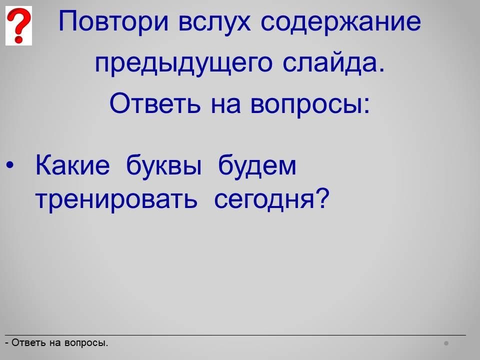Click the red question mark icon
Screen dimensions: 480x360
coord(18,25)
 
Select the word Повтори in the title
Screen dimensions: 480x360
coord(113,21)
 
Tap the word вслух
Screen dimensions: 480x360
coord(214,22)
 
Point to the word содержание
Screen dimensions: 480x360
coord(340,22)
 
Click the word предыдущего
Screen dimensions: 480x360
coord(183,63)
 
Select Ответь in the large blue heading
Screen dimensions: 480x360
coord(155,103)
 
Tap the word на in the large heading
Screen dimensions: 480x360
coord(225,104)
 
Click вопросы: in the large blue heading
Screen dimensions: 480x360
coord(310,105)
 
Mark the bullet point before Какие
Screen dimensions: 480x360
coord(9,165)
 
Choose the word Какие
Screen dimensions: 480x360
coord(72,165)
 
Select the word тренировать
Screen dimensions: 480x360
coord(116,199)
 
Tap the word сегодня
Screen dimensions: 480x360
coord(264,199)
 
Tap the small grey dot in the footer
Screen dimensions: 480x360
coord(446,343)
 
